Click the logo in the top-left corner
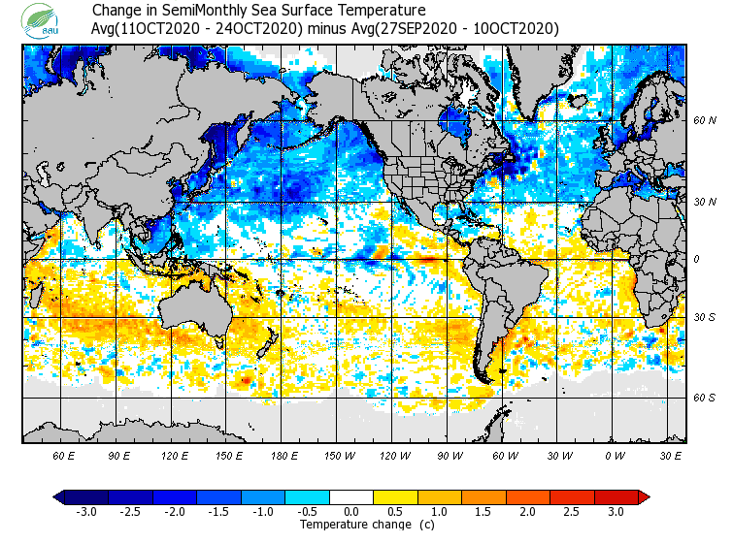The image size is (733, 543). (43, 18)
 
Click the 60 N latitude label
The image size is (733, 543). (704, 121)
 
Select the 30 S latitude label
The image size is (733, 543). (704, 318)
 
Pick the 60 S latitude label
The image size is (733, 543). (704, 398)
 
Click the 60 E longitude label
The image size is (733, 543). (64, 455)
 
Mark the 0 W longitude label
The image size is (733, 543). (615, 455)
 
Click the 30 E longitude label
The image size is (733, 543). (670, 455)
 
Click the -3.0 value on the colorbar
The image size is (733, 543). (86, 512)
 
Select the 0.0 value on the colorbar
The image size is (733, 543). (351, 512)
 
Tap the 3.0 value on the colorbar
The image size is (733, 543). (616, 512)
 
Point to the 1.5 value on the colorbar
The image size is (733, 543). (483, 512)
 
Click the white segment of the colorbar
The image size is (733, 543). (351, 496)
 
